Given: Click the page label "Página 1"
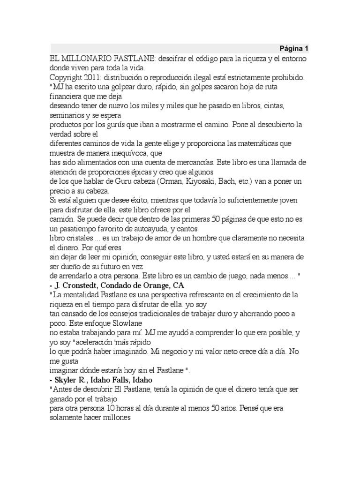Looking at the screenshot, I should [294, 48].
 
